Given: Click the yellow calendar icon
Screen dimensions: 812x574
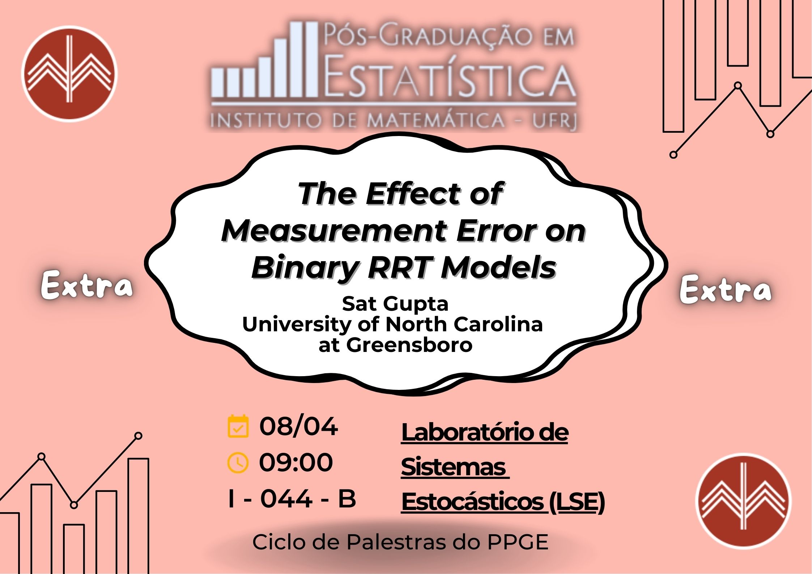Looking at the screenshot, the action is coord(238,426).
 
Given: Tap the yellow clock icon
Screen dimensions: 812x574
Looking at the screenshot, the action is coord(238,462).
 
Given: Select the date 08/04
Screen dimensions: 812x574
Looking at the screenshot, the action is coord(298,426).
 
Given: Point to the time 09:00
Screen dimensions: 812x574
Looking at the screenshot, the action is coord(296,462).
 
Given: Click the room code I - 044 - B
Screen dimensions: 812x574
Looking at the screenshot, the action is coord(292,498).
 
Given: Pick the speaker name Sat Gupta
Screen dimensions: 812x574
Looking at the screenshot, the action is coord(395,304).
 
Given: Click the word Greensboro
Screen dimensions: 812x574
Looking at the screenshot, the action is coord(409,345).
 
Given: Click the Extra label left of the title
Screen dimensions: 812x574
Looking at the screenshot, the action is coord(87,285).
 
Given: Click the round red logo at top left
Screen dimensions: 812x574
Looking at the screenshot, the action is coord(69,73).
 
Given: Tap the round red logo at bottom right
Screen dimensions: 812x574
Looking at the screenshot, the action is coord(743,501).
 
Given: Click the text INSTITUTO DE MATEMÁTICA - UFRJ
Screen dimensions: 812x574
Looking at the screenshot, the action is coord(394,120).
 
